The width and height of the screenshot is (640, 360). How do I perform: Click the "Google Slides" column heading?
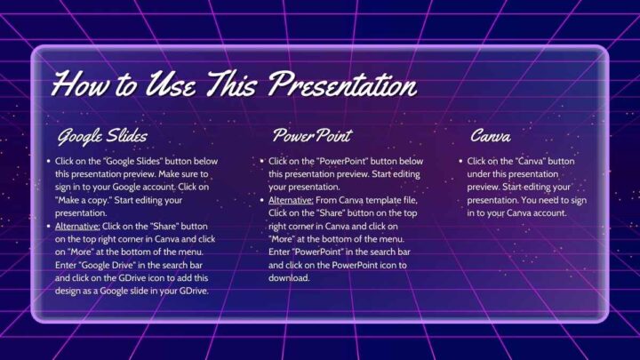click(x=102, y=136)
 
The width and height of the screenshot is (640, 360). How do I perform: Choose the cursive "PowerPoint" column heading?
click(x=312, y=136)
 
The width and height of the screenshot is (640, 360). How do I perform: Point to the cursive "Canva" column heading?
click(x=491, y=136)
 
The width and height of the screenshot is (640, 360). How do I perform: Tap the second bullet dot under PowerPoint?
click(x=261, y=201)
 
